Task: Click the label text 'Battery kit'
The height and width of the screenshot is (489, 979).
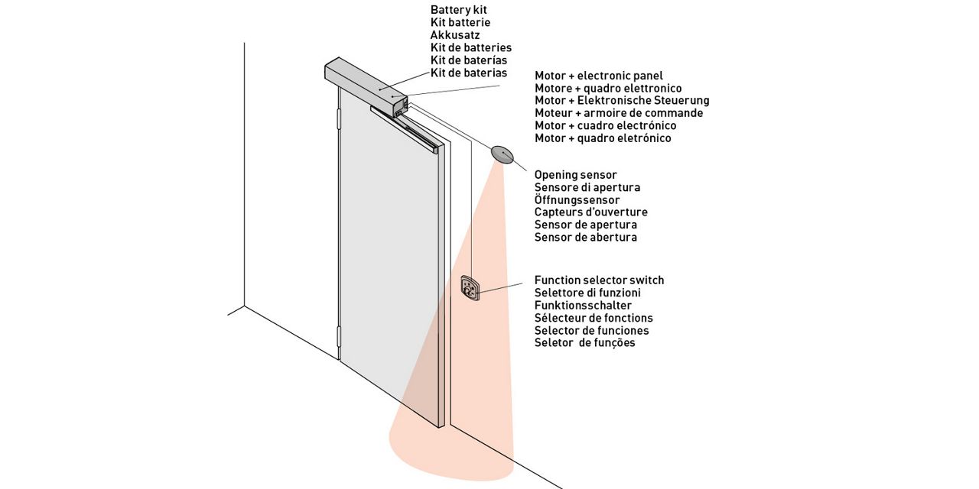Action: click(x=459, y=10)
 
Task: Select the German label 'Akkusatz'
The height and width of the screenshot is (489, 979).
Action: click(x=455, y=35)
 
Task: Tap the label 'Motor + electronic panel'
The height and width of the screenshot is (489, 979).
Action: click(x=598, y=76)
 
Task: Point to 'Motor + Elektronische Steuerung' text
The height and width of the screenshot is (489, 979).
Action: click(x=621, y=101)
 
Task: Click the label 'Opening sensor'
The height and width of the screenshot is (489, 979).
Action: click(x=575, y=175)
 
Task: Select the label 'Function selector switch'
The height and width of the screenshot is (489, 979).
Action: click(x=599, y=280)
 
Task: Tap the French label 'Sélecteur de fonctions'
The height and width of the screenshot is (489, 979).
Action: click(x=594, y=318)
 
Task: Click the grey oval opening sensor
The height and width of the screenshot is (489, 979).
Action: click(x=503, y=154)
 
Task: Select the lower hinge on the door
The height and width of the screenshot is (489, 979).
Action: click(x=338, y=337)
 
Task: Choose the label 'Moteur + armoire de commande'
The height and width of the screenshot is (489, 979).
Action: click(x=618, y=113)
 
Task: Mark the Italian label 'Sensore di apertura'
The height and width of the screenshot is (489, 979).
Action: click(x=587, y=187)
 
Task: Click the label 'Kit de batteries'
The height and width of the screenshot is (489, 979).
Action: click(x=470, y=47)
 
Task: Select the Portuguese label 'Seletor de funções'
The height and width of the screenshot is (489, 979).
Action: click(x=584, y=343)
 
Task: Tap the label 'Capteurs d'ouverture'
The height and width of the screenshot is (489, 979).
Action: click(x=590, y=212)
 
